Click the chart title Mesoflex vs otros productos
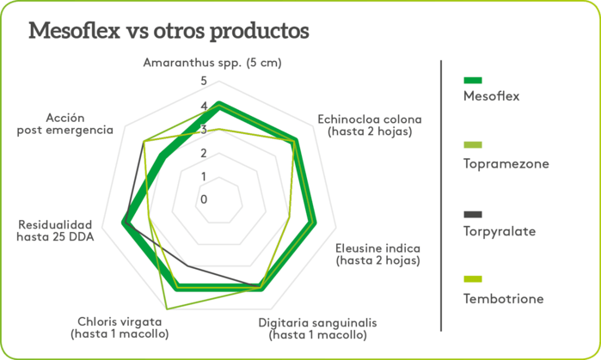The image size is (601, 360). [169, 31]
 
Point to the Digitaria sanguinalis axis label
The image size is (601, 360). [317, 328]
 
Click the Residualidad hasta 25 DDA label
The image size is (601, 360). [55, 229]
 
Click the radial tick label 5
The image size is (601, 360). [204, 82]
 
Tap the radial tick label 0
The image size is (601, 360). [204, 199]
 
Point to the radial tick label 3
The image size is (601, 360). [204, 130]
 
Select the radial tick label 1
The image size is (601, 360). [204, 176]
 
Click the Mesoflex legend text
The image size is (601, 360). [491, 96]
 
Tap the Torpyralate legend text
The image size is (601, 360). [500, 231]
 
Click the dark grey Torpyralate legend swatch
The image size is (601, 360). [473, 214]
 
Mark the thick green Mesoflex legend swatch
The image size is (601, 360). [473, 79]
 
